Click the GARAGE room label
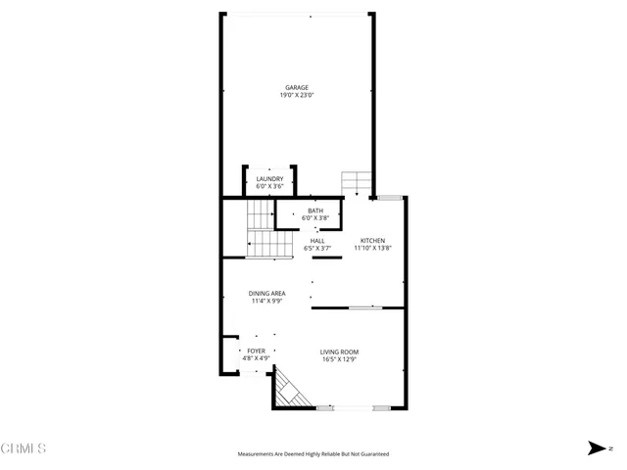[x=297, y=88]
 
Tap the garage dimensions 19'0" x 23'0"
[x=297, y=96]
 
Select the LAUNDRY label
[x=269, y=178]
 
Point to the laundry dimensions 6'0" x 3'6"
[x=269, y=186]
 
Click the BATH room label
[x=314, y=211]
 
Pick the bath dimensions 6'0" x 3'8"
[x=314, y=217]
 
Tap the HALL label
[x=317, y=241]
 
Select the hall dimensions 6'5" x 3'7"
[x=317, y=249]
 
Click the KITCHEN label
[x=372, y=241]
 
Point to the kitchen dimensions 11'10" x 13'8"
[x=372, y=249]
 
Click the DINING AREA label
[x=266, y=293]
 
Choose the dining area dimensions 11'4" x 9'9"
[x=266, y=301]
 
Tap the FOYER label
[x=256, y=351]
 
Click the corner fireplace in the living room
[x=289, y=390]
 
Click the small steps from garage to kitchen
[x=356, y=183]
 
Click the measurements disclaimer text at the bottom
[x=313, y=454]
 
